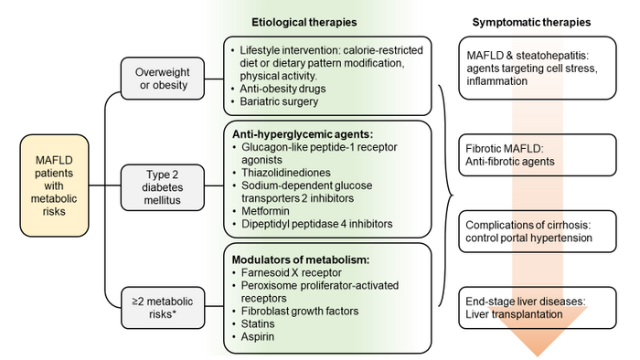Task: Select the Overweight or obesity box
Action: (x=162, y=78)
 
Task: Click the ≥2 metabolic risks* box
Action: (x=162, y=303)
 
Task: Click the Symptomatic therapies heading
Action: (x=530, y=20)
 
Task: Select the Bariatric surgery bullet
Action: (x=279, y=102)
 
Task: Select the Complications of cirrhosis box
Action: (x=531, y=232)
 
